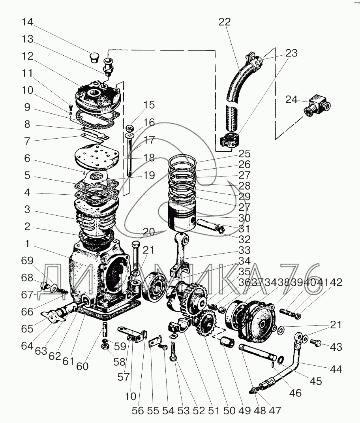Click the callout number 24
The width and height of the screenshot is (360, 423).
[x=292, y=100]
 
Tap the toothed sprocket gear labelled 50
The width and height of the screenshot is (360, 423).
[x=205, y=323]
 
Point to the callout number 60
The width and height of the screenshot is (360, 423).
[x=82, y=366]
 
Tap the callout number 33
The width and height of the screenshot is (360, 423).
[x=244, y=250]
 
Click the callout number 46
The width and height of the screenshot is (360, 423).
[x=295, y=393]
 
